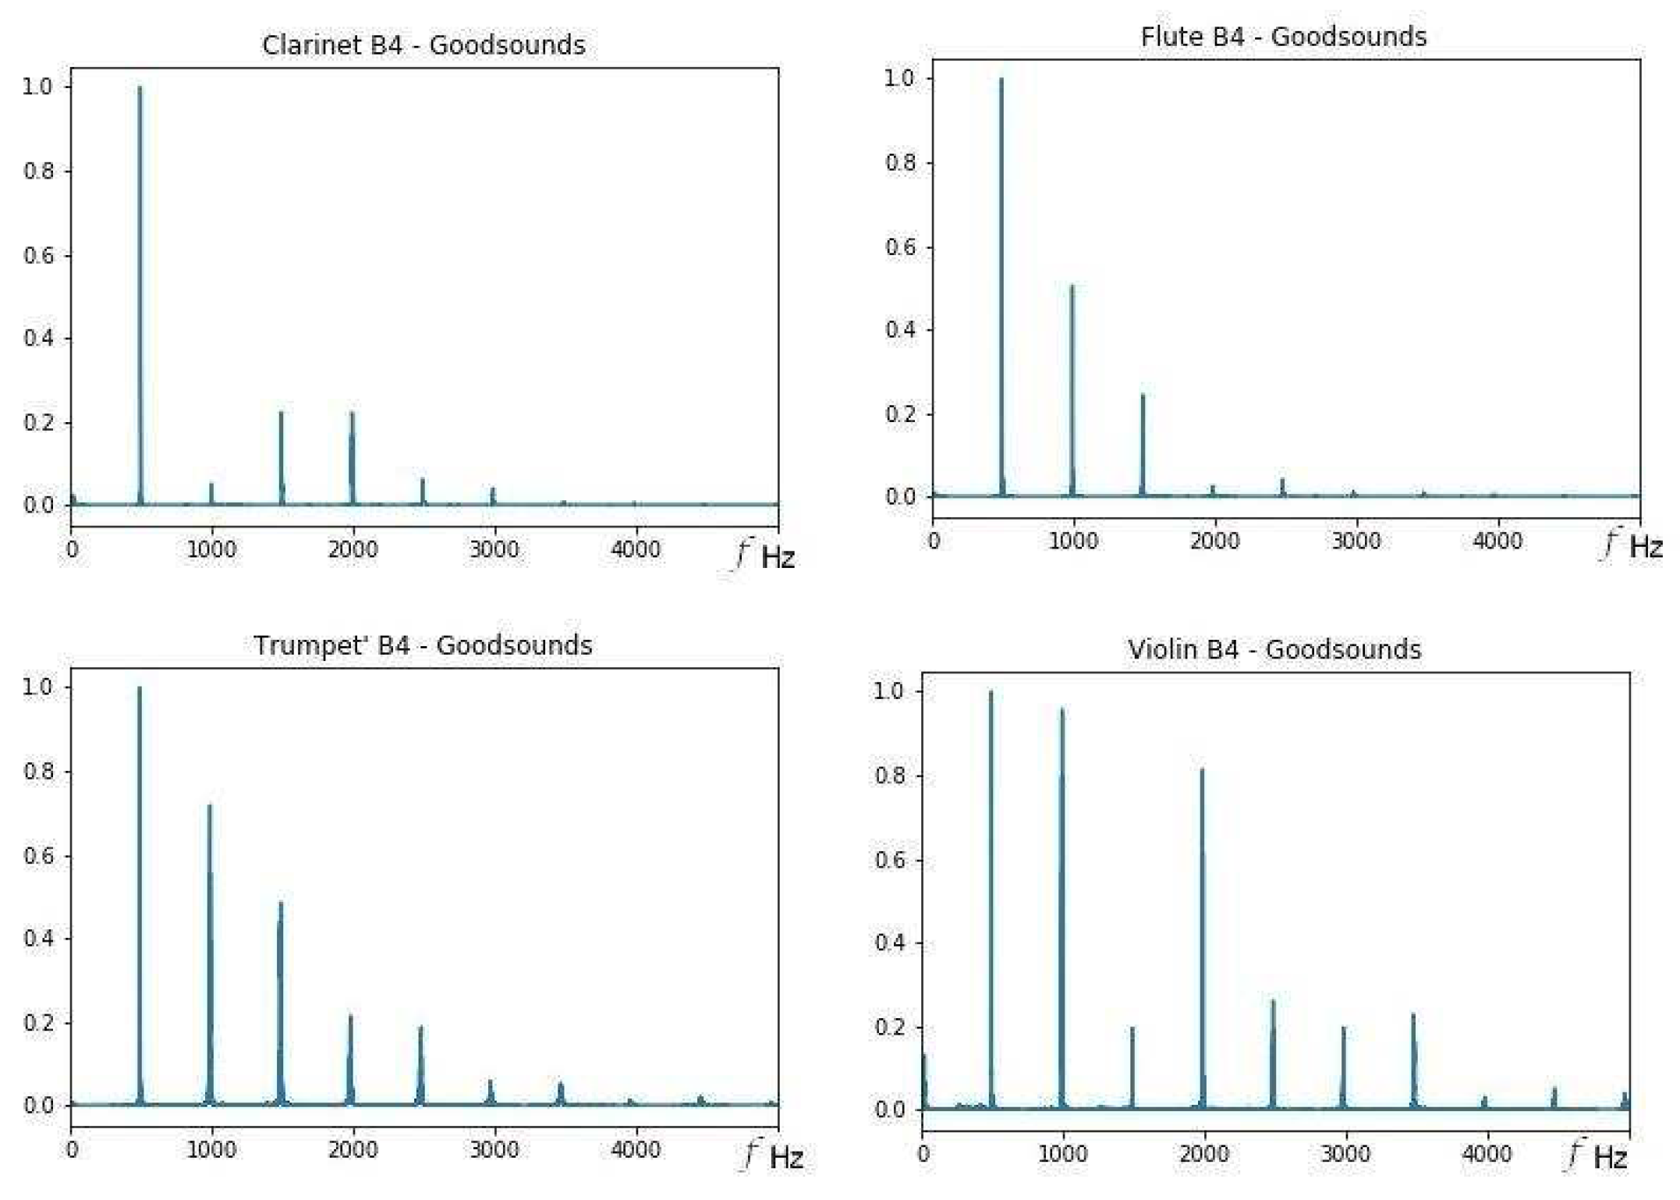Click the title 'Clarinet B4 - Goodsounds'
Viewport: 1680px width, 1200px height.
tap(424, 45)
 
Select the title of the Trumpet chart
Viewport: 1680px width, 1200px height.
tap(423, 646)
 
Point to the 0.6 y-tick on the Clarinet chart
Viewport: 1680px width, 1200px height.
tap(38, 256)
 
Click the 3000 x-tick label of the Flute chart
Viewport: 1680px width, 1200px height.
tap(1356, 541)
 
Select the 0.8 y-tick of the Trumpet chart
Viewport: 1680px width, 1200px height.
tap(38, 772)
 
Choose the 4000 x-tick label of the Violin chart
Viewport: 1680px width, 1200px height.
tap(1487, 1154)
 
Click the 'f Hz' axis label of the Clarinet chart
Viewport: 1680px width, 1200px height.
tap(766, 556)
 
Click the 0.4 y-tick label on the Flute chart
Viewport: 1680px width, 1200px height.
tap(899, 330)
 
